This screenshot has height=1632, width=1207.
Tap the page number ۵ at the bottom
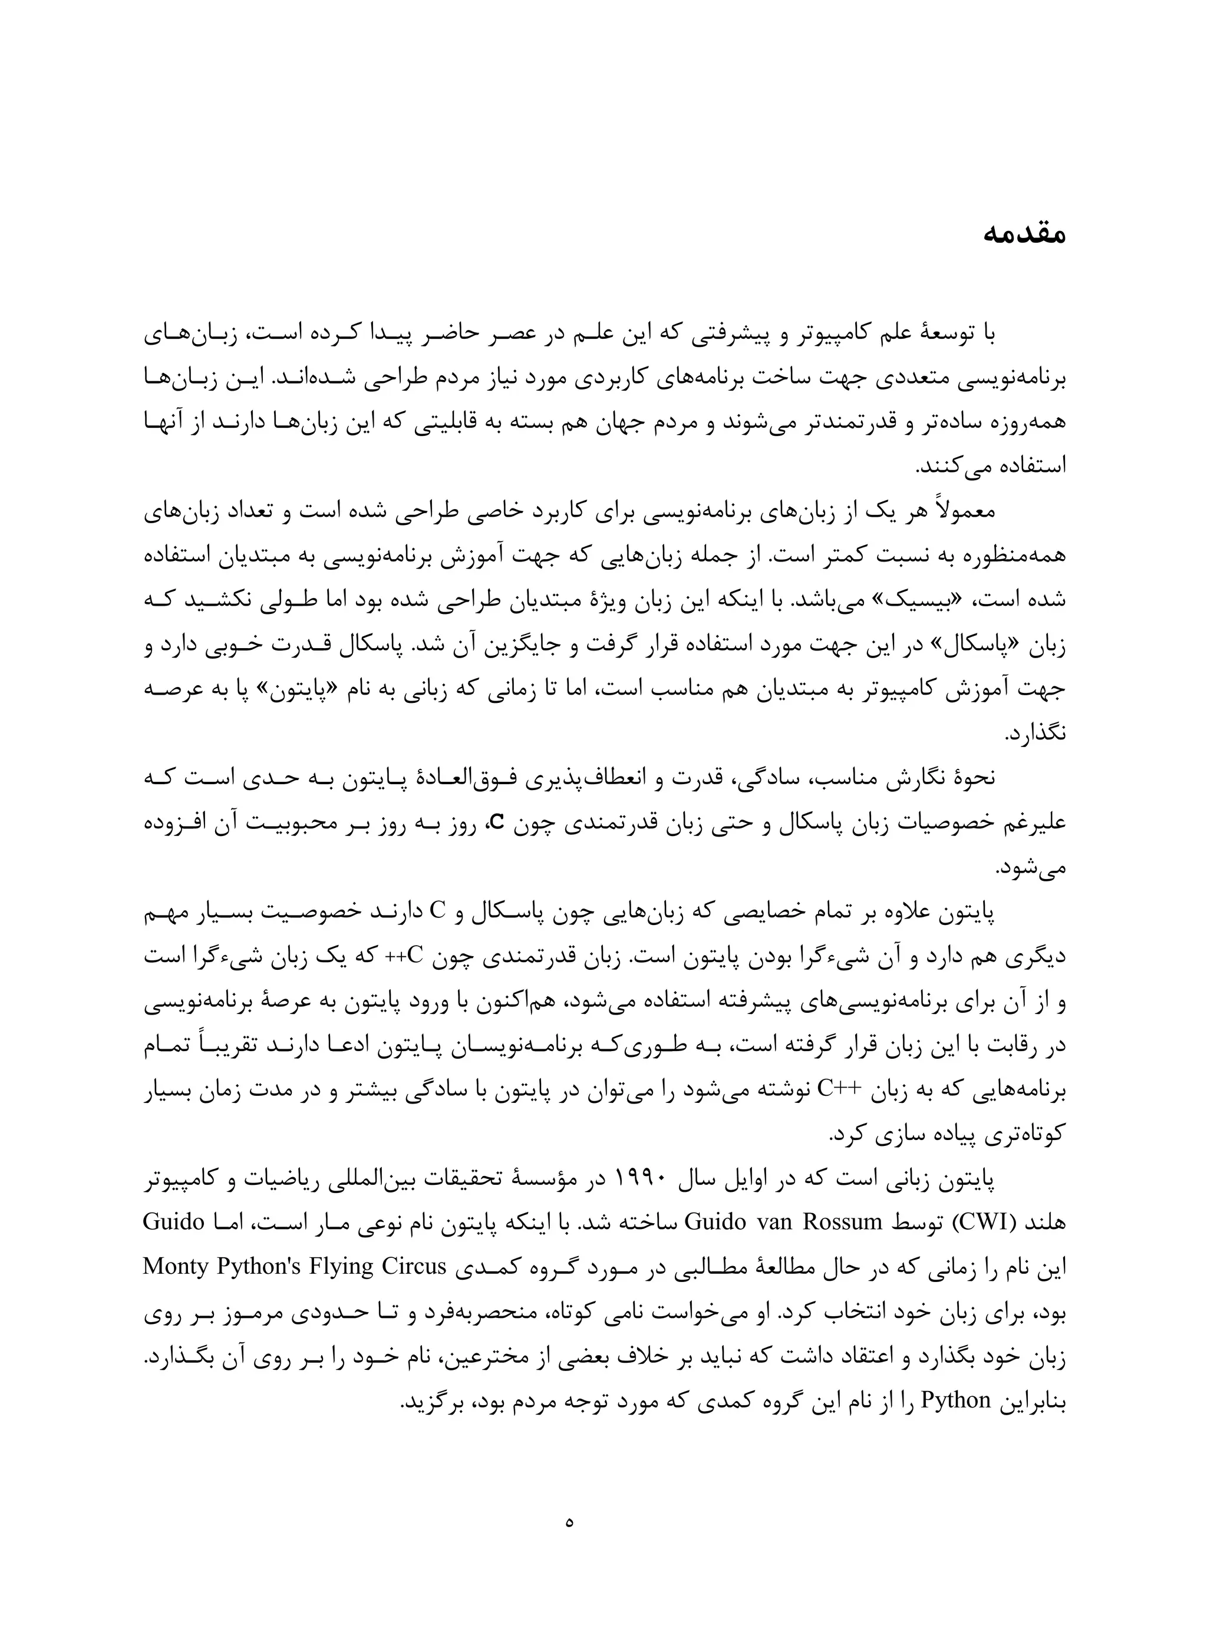pyautogui.click(x=569, y=1521)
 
